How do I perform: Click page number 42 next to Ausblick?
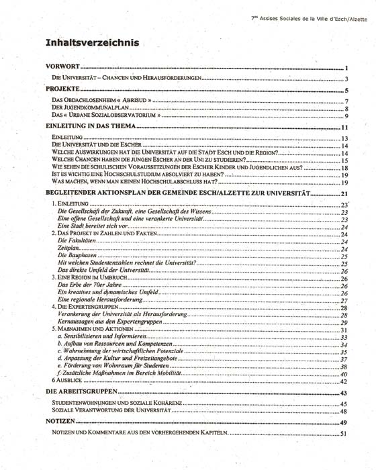pos(342,381)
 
